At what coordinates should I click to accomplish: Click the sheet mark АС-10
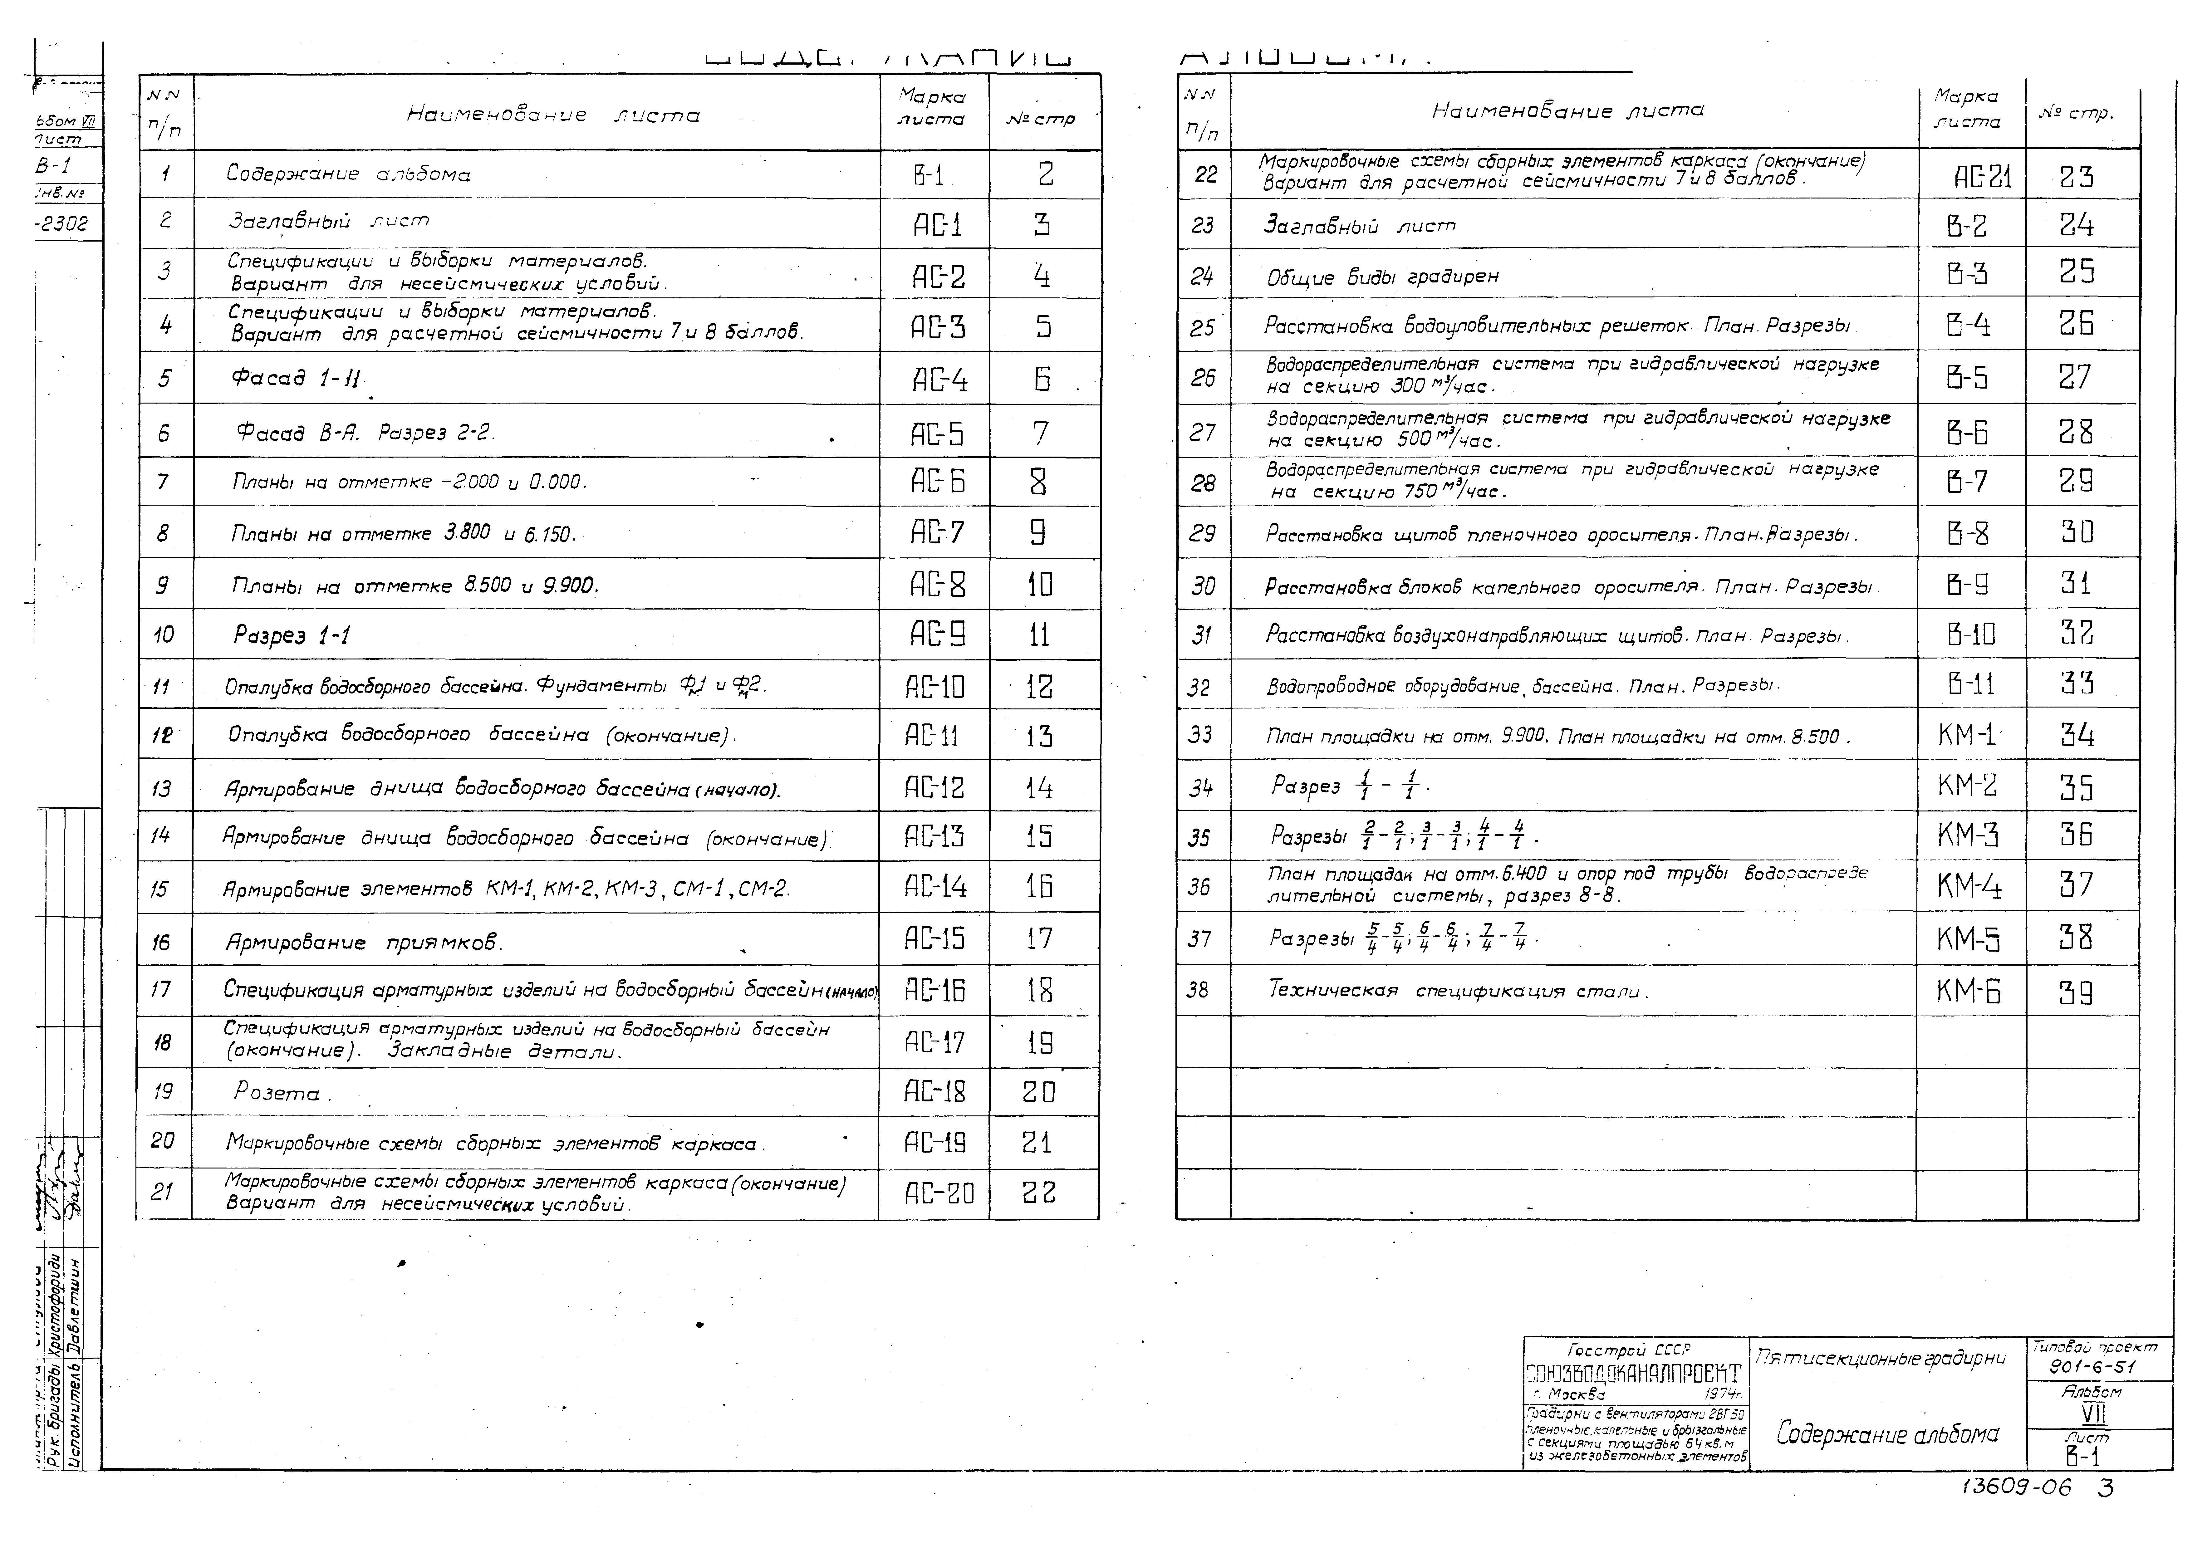click(x=934, y=687)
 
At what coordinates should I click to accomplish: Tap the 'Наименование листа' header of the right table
click(x=1567, y=111)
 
